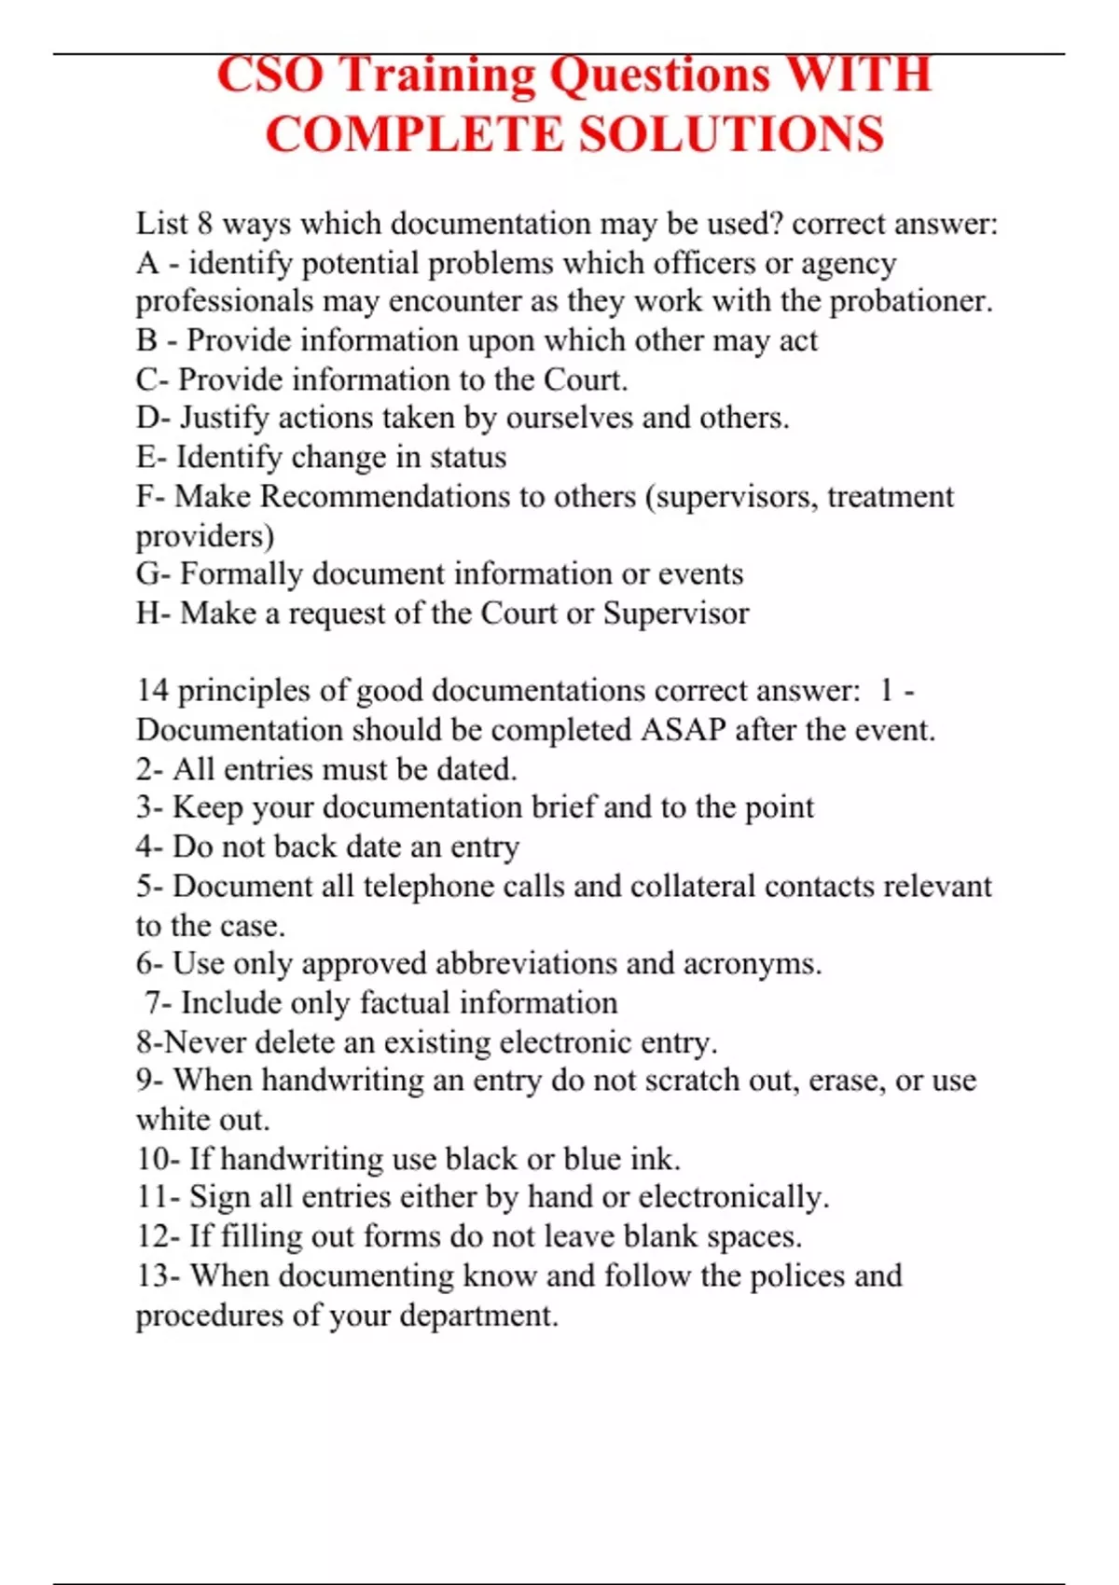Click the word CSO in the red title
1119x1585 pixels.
point(269,75)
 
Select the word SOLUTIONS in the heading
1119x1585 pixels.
point(732,134)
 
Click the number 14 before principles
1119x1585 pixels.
point(152,691)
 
